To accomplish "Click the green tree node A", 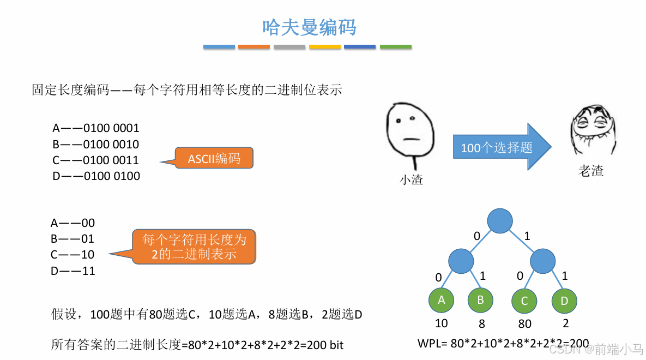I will (x=442, y=300).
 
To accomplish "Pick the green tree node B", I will (x=480, y=300).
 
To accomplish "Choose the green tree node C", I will (x=524, y=301).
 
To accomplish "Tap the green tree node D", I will (x=564, y=301).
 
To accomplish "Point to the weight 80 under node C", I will (x=524, y=324).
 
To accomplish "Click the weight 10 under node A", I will (x=442, y=323).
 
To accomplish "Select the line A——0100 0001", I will (x=96, y=128).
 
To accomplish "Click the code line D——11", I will (x=73, y=271).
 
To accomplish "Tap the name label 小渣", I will (x=412, y=179).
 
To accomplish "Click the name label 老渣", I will (x=591, y=171).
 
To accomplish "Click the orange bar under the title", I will (x=254, y=47).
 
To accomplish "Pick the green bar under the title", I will (x=395, y=47).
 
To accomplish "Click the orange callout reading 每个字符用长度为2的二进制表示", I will (x=194, y=247).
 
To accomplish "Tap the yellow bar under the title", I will (x=325, y=47).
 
